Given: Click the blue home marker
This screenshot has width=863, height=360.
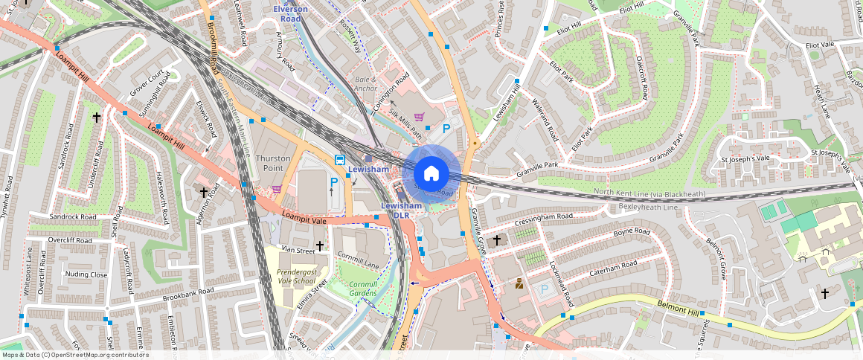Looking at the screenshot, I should coord(431,174).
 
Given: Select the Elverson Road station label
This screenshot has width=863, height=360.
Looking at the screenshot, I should coord(290,13).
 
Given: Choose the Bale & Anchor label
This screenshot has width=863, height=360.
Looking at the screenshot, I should coord(365,84).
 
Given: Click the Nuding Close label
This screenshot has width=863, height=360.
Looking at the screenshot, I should coord(86,274).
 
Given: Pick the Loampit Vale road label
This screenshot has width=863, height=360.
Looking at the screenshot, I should coord(304,216).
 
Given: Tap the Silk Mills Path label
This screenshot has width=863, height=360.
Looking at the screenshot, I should coord(405,123).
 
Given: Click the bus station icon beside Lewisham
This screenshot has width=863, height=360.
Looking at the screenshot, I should coord(339,160).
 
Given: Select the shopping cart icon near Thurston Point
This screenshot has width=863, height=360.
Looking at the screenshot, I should coord(277,189).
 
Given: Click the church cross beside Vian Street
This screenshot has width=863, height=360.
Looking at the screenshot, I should coord(320,245).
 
